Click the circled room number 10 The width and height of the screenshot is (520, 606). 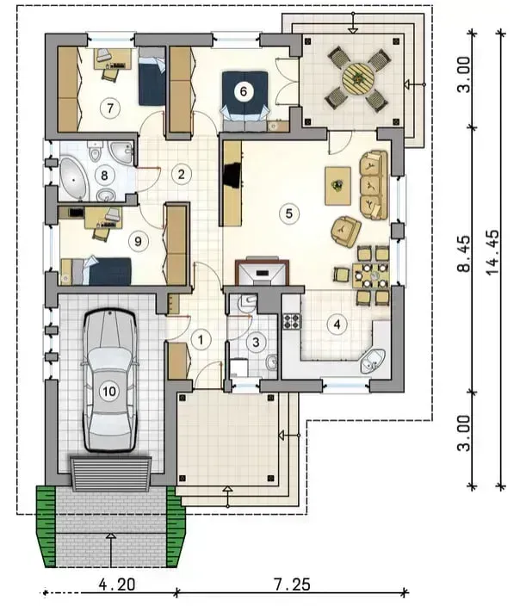point(109,392)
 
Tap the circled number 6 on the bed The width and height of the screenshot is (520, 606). point(243,91)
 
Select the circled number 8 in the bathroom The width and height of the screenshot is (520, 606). point(104,176)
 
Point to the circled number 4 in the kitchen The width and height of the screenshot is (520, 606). point(337,325)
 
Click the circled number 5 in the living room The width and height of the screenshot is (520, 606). point(288,213)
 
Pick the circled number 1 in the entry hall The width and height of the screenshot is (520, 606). point(201,340)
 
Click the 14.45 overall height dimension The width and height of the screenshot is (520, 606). point(493,253)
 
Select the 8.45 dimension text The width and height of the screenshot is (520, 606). point(465,253)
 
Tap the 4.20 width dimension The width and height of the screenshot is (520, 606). point(117,584)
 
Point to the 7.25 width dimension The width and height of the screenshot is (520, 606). point(292,584)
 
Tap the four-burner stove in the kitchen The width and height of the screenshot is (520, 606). point(292,321)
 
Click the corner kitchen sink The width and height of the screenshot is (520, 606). point(373,361)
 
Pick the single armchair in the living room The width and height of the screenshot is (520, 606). point(346,231)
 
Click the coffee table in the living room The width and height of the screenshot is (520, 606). point(337,186)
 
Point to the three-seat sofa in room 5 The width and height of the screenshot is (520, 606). point(374,186)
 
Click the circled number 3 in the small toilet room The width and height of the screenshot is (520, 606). point(256,342)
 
